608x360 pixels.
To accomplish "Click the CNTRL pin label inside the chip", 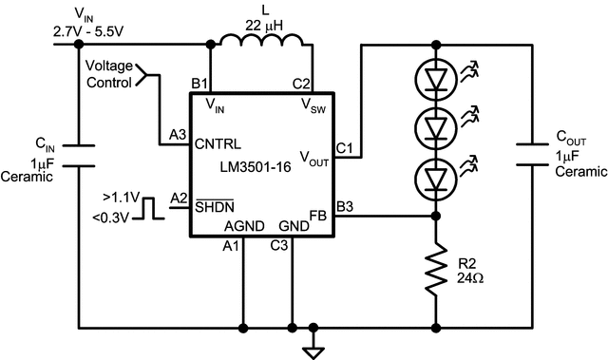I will (218, 145).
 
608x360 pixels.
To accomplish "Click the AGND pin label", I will (243, 227).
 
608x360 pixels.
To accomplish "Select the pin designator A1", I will (229, 246).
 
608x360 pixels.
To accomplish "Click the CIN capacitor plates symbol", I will (76, 155).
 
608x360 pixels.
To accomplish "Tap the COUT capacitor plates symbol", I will (528, 155).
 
